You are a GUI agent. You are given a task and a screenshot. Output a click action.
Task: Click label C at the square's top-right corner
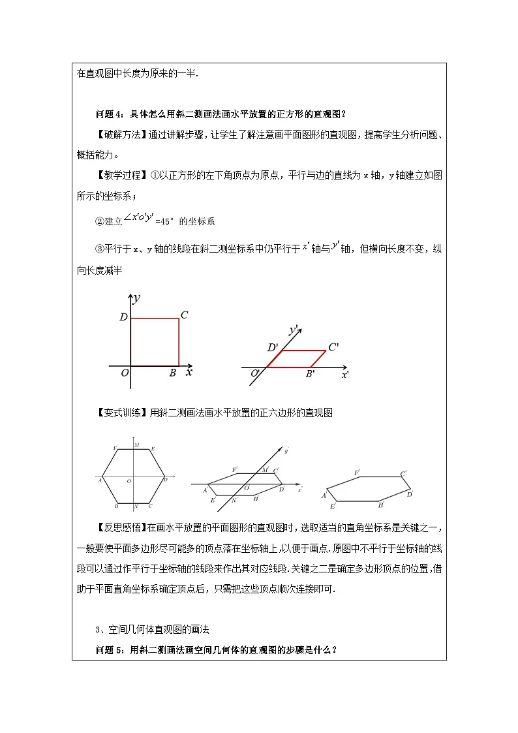pyautogui.click(x=185, y=315)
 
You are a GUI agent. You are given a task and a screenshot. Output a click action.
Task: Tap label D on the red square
pyautogui.click(x=123, y=318)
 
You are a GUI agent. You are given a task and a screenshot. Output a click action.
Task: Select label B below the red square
pyautogui.click(x=172, y=373)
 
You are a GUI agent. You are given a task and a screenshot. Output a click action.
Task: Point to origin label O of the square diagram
pyautogui.click(x=124, y=373)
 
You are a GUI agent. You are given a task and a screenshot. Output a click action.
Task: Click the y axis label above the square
pyautogui.click(x=137, y=298)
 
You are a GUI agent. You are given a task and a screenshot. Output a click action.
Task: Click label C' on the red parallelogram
pyautogui.click(x=333, y=347)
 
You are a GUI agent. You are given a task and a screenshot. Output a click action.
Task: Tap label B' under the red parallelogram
pyautogui.click(x=311, y=374)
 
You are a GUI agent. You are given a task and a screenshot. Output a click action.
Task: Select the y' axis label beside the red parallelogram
pyautogui.click(x=294, y=330)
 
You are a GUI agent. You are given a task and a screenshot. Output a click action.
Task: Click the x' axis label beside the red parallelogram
pyautogui.click(x=344, y=375)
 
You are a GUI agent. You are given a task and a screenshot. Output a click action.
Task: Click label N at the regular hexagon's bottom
pyautogui.click(x=136, y=507)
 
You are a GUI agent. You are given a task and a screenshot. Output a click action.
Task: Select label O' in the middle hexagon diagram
pyautogui.click(x=247, y=487)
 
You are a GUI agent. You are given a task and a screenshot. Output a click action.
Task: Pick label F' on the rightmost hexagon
pyautogui.click(x=357, y=472)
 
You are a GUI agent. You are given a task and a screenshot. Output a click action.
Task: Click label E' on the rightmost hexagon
pyautogui.click(x=333, y=507)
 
